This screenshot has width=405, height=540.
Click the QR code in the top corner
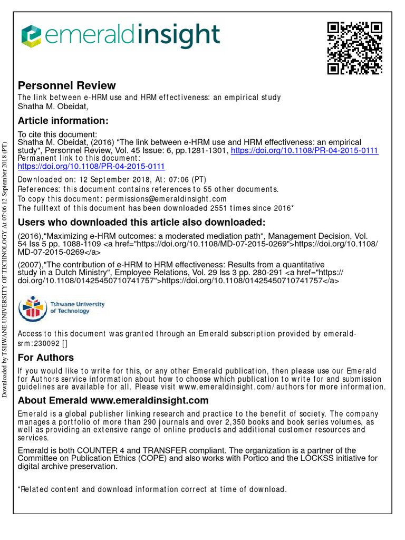click(x=354, y=48)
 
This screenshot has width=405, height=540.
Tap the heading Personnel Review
click(x=67, y=85)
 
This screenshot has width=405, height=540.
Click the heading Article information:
click(x=63, y=121)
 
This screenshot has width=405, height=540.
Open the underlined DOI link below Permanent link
click(x=91, y=166)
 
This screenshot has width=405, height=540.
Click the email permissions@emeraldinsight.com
click(x=166, y=199)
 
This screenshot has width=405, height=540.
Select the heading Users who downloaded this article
click(x=142, y=221)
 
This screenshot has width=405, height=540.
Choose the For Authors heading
click(x=46, y=358)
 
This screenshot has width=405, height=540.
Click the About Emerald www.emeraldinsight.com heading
click(x=113, y=401)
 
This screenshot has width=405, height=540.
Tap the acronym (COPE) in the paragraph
click(x=140, y=458)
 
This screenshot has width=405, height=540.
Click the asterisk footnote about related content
click(x=152, y=489)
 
